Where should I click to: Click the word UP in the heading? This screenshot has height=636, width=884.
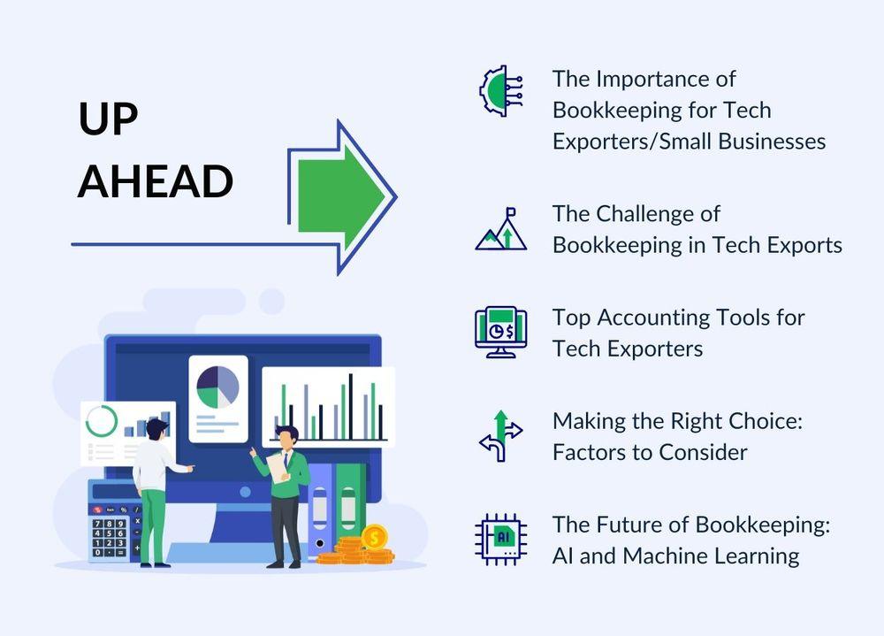108,119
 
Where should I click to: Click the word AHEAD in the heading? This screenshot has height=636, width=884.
155,181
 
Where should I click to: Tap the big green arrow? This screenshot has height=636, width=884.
342,197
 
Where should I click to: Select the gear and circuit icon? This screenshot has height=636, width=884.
500,91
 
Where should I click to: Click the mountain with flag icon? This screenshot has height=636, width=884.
500,229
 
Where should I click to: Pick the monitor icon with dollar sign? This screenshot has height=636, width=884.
500,332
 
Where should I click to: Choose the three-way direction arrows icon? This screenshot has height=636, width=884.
500,436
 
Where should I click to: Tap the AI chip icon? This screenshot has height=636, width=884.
500,539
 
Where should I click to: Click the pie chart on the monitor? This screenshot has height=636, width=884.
217,387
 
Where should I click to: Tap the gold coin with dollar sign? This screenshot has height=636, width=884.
374,537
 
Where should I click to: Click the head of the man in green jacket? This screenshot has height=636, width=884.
287,437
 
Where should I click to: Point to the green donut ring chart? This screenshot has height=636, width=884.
102,421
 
